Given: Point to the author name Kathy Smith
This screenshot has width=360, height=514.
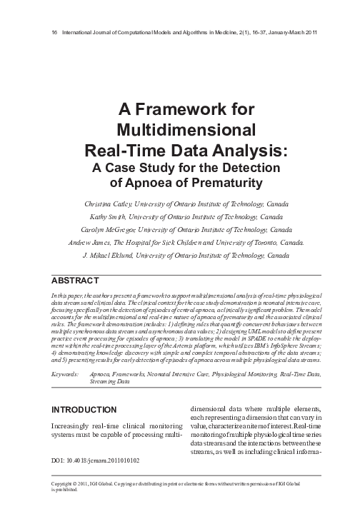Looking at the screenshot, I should (x=109, y=216).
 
